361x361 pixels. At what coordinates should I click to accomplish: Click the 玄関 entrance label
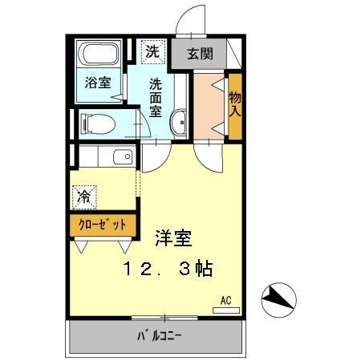(200, 55)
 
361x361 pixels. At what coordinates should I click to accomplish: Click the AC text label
(226, 300)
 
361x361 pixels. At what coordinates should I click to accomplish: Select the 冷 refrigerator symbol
(83, 194)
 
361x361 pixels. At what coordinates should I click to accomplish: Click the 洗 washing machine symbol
(152, 52)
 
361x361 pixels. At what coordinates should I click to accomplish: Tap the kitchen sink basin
(122, 157)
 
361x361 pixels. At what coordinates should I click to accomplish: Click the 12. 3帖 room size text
(168, 270)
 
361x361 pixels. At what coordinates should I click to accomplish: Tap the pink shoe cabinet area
(209, 104)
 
